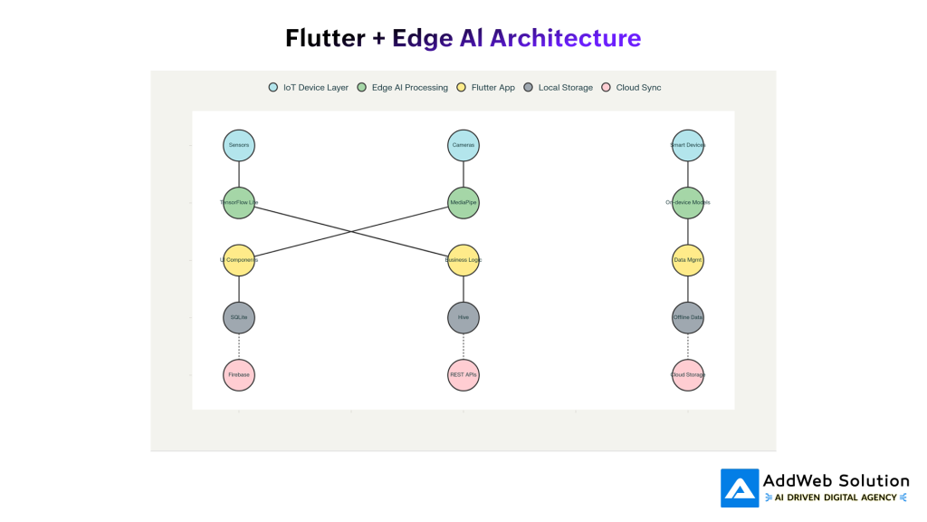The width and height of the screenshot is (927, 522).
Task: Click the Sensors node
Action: [x=239, y=145]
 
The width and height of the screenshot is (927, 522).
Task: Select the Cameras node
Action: [x=463, y=145]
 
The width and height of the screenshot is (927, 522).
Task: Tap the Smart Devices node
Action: [x=688, y=145]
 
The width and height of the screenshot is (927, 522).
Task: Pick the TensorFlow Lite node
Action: [x=239, y=202]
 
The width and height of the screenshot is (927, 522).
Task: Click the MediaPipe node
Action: [x=463, y=202]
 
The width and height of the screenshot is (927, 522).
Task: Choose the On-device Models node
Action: [x=688, y=202]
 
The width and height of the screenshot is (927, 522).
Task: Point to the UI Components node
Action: [x=239, y=260]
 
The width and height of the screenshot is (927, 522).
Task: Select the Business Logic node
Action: [x=463, y=260]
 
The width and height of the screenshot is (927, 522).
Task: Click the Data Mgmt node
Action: [x=688, y=260]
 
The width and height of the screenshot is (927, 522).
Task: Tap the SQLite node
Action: [x=239, y=317]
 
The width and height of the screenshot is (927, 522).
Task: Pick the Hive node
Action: [x=463, y=317]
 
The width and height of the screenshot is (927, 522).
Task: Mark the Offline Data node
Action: [x=688, y=317]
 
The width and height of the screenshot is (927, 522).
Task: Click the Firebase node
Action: [x=239, y=374]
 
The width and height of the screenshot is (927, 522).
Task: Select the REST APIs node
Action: [x=463, y=374]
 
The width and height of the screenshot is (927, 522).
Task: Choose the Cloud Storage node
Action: [x=688, y=374]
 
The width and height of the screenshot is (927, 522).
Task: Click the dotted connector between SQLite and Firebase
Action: [x=239, y=346]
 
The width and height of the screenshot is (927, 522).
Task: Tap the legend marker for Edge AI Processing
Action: [x=362, y=88]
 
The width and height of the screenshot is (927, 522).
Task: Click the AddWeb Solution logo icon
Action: [x=740, y=488]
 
